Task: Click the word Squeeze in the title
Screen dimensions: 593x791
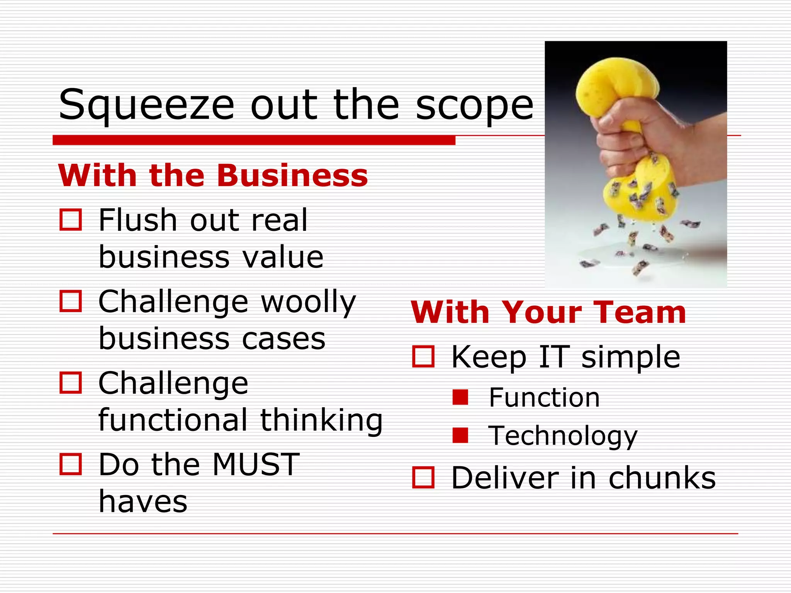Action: point(146,105)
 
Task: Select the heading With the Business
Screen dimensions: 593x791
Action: point(213,176)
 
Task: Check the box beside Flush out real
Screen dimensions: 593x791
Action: point(71,220)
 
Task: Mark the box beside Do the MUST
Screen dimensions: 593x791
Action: point(71,464)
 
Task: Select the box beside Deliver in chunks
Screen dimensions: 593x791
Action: point(423,478)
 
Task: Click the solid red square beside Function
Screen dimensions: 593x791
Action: point(460,397)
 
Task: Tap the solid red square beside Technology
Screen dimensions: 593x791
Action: point(460,435)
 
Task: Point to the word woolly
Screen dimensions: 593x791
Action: point(308,302)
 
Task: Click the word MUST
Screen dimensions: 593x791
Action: point(256,464)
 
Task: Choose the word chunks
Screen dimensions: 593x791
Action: point(662,478)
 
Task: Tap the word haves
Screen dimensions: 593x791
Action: point(143,502)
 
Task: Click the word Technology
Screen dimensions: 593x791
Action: point(563,436)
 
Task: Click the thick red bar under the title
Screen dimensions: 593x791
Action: point(254,140)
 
